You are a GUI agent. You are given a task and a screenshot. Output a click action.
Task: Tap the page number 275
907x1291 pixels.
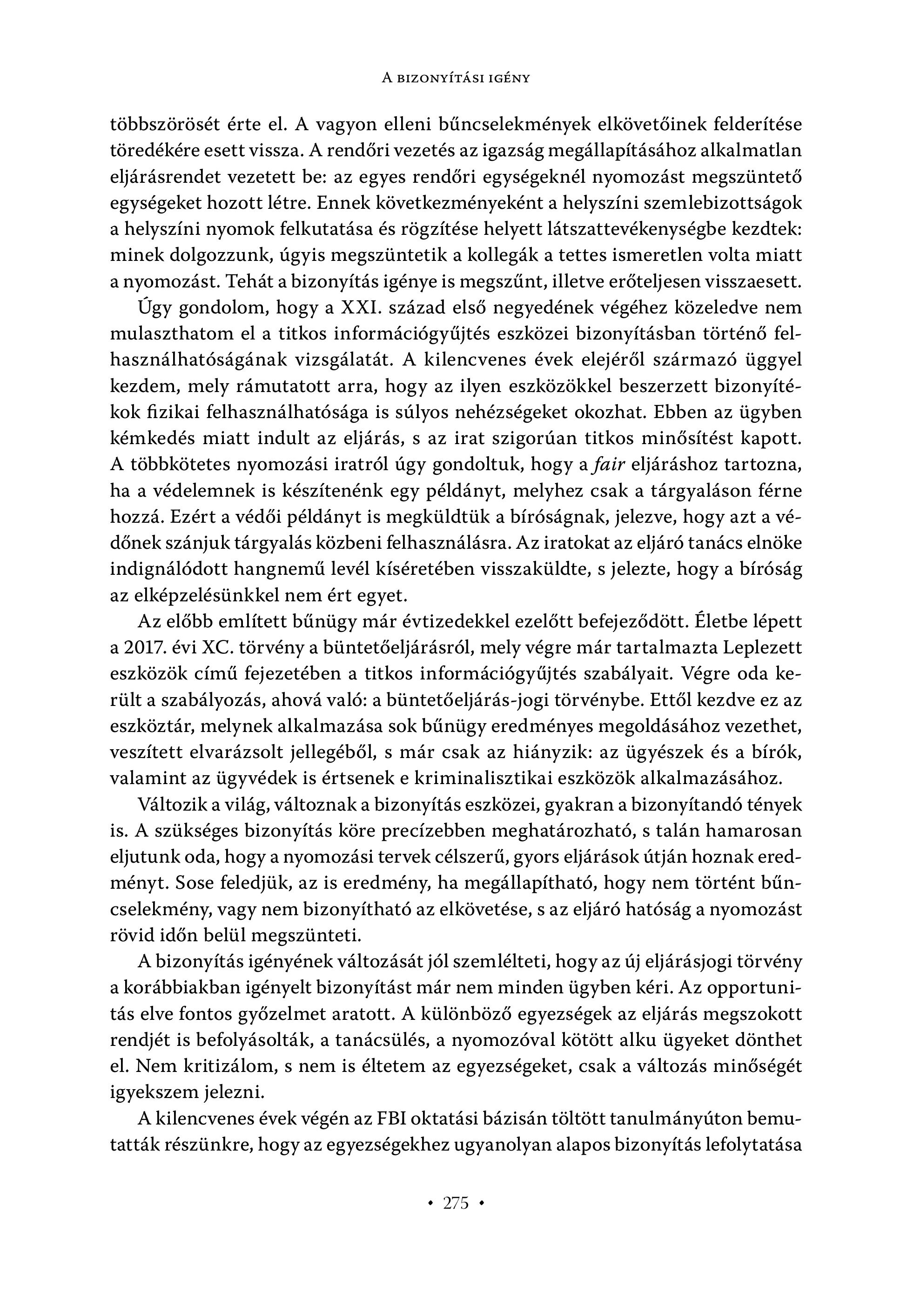point(456,1203)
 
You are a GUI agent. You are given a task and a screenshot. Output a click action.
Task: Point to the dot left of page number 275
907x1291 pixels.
point(430,1203)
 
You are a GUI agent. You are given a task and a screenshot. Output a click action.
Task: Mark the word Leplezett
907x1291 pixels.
point(762,648)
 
